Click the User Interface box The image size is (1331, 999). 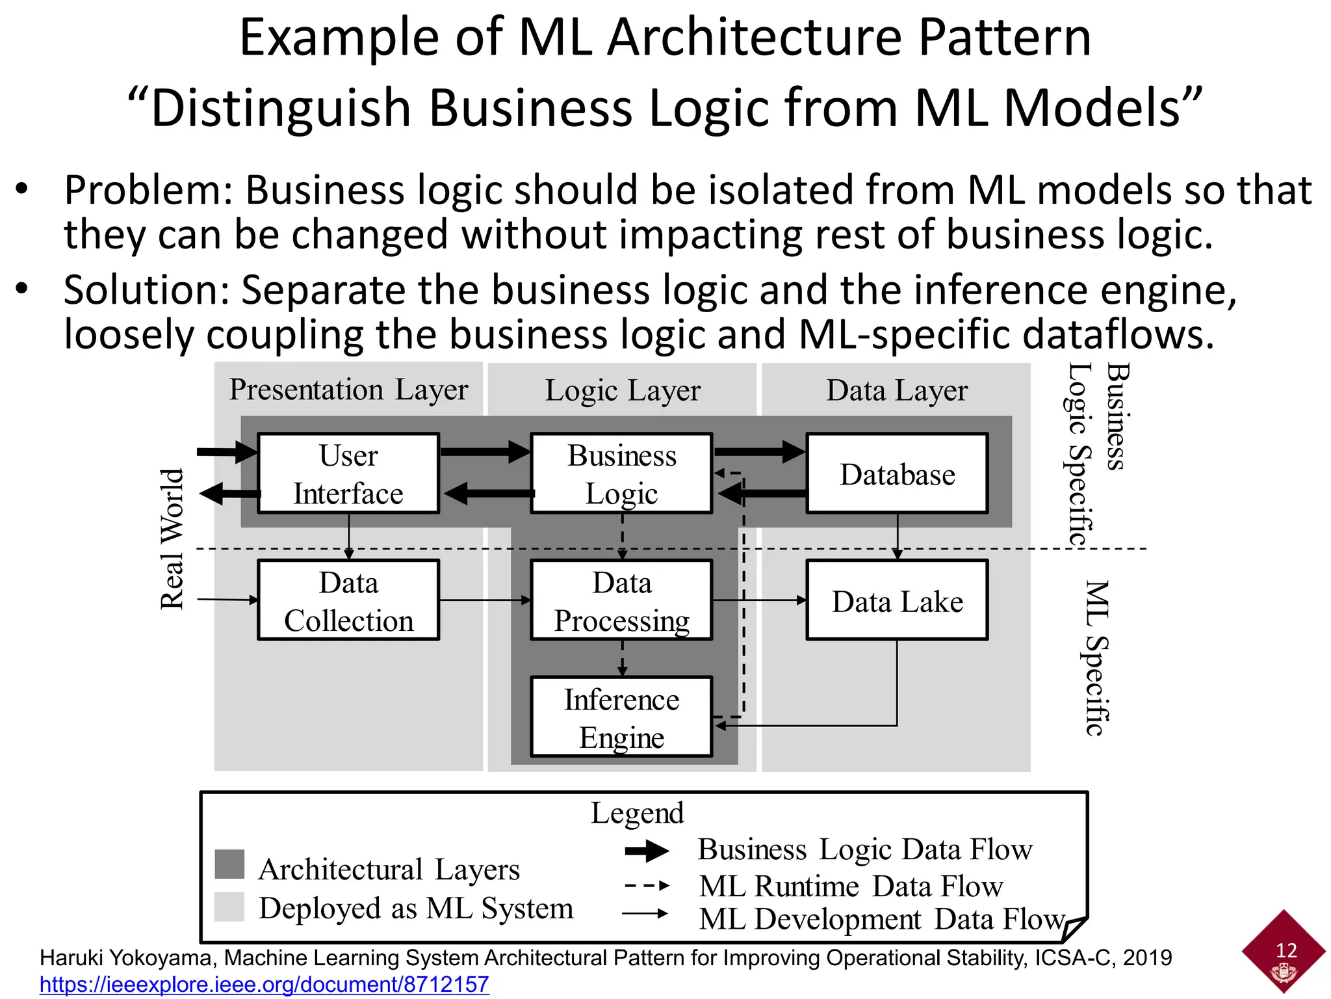tap(348, 473)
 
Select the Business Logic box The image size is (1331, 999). tap(621, 473)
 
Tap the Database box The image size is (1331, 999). tap(897, 473)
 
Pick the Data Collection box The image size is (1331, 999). tap(348, 600)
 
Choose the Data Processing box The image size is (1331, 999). tap(621, 600)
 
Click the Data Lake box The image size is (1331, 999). tap(897, 600)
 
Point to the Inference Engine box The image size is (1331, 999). tap(621, 717)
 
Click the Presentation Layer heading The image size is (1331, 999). tap(348, 390)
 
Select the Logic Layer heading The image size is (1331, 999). tap(622, 390)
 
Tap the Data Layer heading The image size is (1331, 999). tap(897, 390)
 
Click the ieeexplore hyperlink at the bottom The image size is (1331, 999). tap(264, 984)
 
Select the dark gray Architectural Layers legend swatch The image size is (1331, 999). tap(229, 864)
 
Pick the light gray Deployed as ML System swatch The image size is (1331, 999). tap(229, 906)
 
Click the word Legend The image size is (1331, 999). tap(637, 813)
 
